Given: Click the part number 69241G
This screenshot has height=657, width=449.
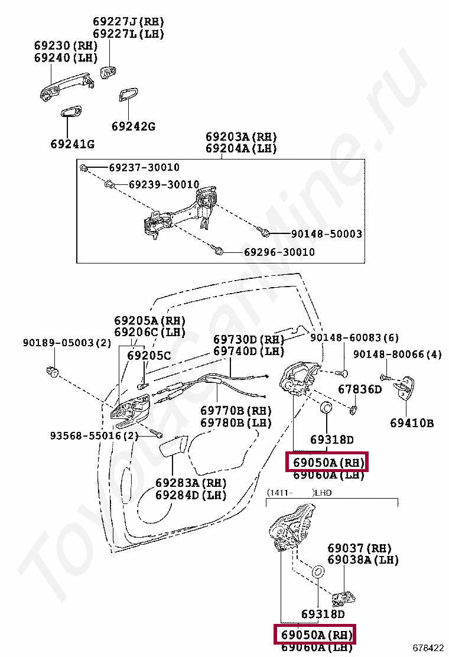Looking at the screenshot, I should (x=72, y=144).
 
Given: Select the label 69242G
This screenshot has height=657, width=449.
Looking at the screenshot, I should (x=133, y=126).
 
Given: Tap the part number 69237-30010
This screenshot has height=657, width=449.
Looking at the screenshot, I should (x=144, y=168).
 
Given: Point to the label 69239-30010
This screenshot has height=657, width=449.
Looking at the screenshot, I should (x=164, y=185).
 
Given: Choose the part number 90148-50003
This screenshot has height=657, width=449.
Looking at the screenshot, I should (x=326, y=234).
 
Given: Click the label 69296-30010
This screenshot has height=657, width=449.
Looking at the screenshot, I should (x=279, y=252).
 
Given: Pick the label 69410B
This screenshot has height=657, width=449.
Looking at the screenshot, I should (x=412, y=423).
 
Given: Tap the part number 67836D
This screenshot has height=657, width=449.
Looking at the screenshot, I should (x=360, y=390).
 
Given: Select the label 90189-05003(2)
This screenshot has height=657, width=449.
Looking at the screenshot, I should (x=67, y=343).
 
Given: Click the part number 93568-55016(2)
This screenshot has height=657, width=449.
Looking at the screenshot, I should (x=94, y=436).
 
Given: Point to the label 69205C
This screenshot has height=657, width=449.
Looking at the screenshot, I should (x=149, y=356).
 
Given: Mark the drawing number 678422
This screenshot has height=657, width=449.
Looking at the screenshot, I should (x=428, y=648).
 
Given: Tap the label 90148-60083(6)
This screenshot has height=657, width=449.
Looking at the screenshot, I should (x=354, y=338).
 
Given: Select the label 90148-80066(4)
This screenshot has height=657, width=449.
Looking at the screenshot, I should (x=397, y=354).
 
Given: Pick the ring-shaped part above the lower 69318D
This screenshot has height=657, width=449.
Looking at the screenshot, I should (x=317, y=572).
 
